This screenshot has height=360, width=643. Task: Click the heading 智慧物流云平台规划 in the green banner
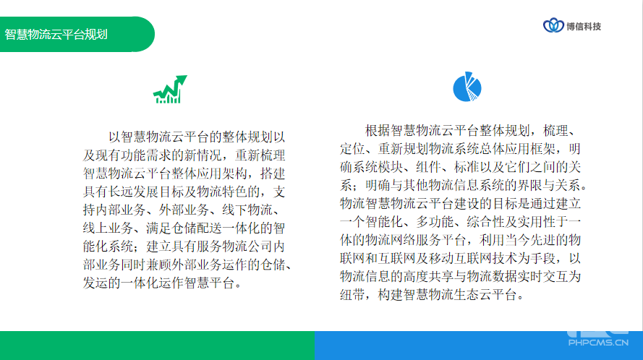[x=56, y=35]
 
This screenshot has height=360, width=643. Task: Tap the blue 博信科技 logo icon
[x=553, y=25]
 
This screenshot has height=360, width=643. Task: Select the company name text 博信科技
[x=584, y=27]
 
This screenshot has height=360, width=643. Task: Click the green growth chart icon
[x=170, y=89]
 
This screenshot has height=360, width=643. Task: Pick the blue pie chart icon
[x=467, y=87]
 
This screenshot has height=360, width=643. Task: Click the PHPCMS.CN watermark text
[x=598, y=343]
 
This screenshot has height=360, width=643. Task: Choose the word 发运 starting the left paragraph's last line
[x=95, y=283]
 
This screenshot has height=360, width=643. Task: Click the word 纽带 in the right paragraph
[x=352, y=295]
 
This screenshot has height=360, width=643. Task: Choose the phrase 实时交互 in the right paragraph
[x=543, y=276]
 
